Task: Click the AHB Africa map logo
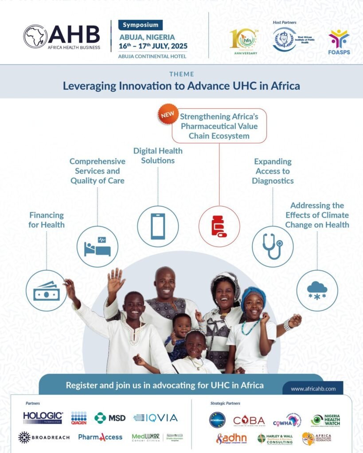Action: pyautogui.click(x=35, y=37)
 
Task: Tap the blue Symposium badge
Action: pyautogui.click(x=141, y=25)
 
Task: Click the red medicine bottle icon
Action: pyautogui.click(x=219, y=226)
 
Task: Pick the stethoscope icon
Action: pyautogui.click(x=273, y=246)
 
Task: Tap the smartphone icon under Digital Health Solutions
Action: pyautogui.click(x=158, y=226)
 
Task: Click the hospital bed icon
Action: pyautogui.click(x=98, y=246)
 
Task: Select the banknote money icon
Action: pyautogui.click(x=47, y=291)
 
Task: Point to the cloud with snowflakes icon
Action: pyautogui.click(x=317, y=291)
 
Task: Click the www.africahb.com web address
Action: pyautogui.click(x=313, y=389)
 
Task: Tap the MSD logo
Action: pyautogui.click(x=110, y=418)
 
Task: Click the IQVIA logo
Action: pyautogui.click(x=156, y=418)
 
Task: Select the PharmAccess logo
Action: pyautogui.click(x=100, y=437)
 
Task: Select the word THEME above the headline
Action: pyautogui.click(x=181, y=74)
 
